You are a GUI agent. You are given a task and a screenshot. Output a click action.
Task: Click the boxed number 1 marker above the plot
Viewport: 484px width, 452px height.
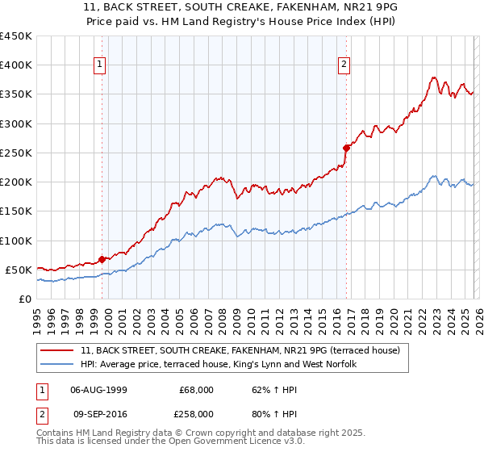99,65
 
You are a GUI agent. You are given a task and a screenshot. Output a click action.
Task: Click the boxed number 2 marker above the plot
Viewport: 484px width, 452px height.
344,65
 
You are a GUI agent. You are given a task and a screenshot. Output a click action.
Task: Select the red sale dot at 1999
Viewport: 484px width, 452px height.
102,259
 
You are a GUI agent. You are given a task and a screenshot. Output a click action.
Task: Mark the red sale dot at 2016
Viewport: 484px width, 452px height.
346,148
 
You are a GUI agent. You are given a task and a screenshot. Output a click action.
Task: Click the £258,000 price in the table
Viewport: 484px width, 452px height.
196,412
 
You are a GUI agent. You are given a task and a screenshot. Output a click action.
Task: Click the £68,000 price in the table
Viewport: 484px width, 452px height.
196,390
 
